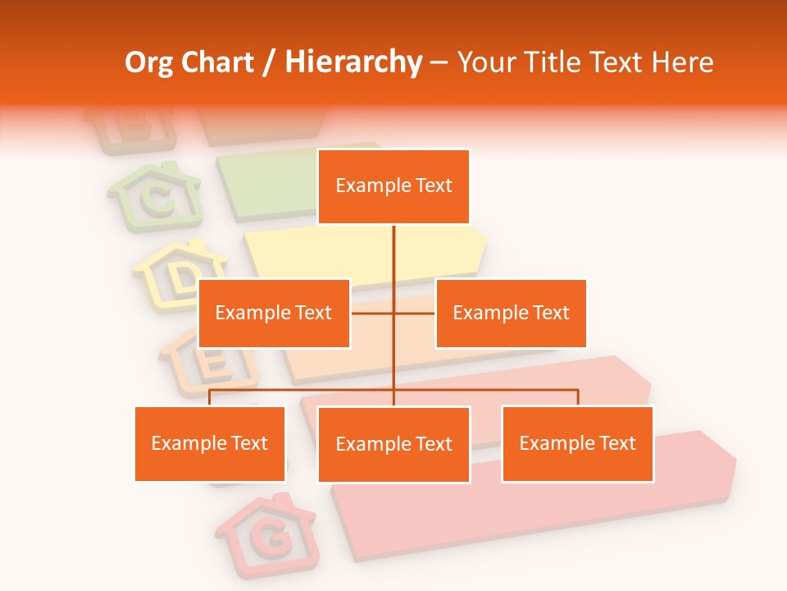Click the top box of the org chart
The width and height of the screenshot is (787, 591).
tap(393, 186)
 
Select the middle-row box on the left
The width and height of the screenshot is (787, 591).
tap(274, 313)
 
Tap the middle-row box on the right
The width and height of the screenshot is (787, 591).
tap(511, 313)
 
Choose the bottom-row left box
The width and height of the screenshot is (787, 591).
tap(210, 443)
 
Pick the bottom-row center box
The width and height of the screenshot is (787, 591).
tap(393, 444)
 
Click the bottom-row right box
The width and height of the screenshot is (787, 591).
tap(577, 443)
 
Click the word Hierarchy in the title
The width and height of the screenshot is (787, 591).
tap(353, 62)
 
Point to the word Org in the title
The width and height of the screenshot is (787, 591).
tap(150, 62)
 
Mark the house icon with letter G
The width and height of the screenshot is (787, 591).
tap(267, 534)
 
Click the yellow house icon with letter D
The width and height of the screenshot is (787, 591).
tap(182, 275)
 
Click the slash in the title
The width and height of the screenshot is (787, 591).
tap(269, 62)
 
